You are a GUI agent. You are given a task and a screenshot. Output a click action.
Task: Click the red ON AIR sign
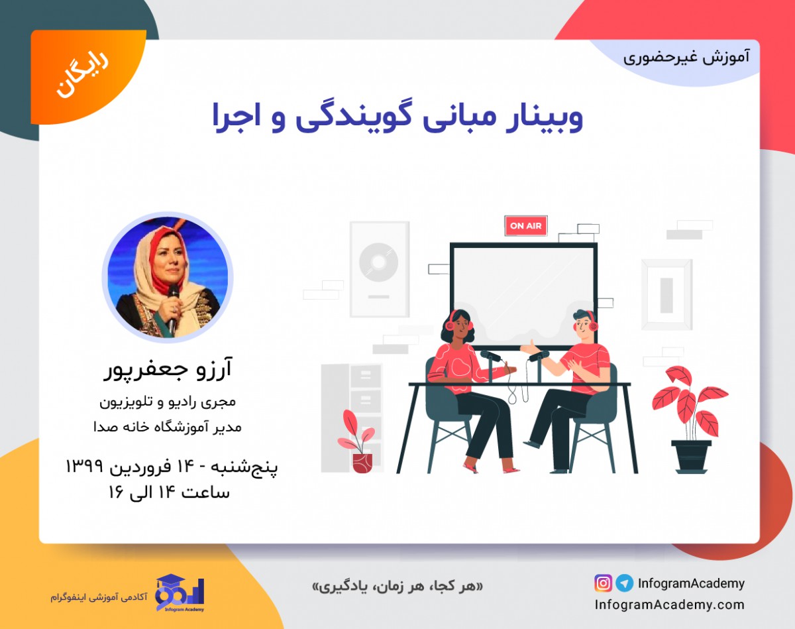[x=525, y=226]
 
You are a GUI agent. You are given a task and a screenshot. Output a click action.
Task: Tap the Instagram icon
[x=603, y=583]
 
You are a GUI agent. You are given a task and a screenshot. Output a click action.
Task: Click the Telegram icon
[x=624, y=583]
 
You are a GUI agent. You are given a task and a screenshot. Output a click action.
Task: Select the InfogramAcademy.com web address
[x=669, y=604]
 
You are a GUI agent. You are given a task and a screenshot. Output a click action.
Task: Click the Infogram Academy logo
[x=180, y=592]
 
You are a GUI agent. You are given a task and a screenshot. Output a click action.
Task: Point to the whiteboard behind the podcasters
[x=523, y=292]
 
